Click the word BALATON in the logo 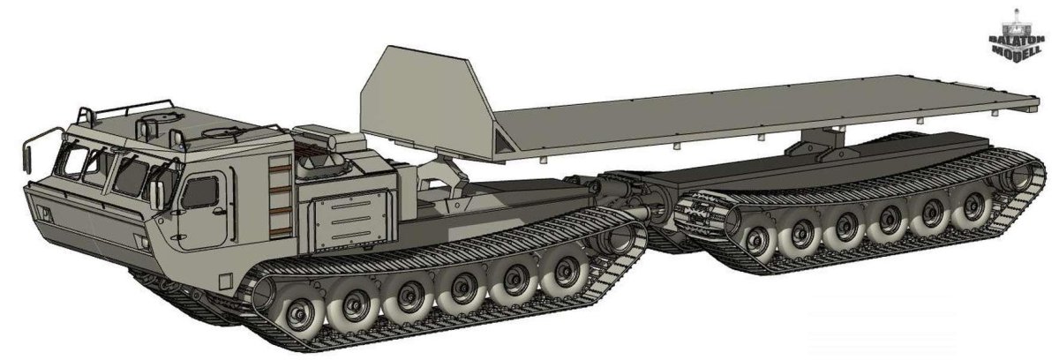click(x=1014, y=41)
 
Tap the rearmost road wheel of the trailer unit click(x=973, y=206)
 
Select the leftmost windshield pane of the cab click(x=70, y=167)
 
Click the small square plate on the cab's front click(x=41, y=214)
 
